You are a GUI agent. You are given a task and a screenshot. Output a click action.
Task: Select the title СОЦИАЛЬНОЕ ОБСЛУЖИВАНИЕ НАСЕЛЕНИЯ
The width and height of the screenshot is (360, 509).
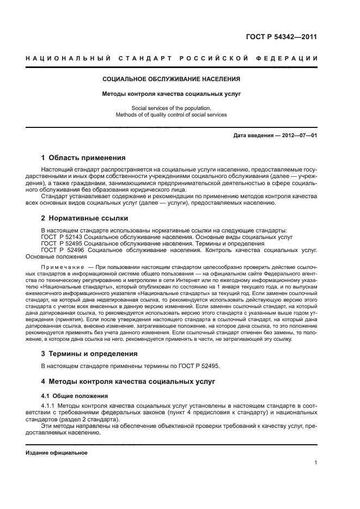pos(172,79)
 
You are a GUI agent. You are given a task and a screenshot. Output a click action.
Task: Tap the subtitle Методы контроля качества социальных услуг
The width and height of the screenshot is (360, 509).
pos(172,94)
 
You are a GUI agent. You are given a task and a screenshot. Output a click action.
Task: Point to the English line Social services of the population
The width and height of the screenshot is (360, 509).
pos(172,108)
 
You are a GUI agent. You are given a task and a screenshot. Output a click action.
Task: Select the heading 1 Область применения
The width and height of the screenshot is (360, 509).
pos(83,158)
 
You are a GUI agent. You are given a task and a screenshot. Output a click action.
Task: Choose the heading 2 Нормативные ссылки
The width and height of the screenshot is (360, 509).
pos(85,218)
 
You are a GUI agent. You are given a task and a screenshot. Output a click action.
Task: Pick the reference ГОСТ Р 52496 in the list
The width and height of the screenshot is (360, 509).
pos(62,250)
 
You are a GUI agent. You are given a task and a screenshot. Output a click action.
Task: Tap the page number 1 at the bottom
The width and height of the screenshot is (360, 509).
pos(315,463)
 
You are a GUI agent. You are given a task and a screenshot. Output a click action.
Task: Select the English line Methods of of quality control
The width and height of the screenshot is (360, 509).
pos(172,115)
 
